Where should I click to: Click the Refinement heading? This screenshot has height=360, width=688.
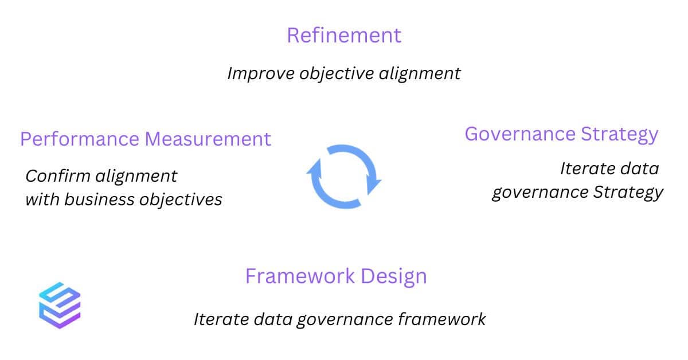tap(344, 36)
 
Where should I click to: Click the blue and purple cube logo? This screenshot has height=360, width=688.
tap(60, 306)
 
